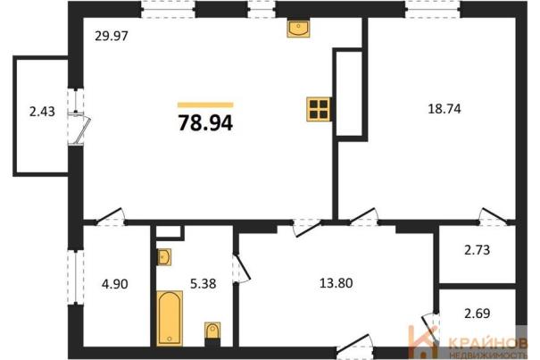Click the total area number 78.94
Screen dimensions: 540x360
pos(205,122)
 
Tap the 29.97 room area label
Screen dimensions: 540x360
pos(112,36)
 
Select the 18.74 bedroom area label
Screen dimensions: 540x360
pos(444,109)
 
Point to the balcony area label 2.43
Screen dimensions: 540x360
pos(42,112)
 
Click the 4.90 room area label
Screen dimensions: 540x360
pos(115,284)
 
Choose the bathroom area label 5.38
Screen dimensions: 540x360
pos(204,284)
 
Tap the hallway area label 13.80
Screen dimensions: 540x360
pos(336,283)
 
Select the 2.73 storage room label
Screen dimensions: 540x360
pos(478,249)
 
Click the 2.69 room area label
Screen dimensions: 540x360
pos(478,314)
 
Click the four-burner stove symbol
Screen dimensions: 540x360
pos(319,109)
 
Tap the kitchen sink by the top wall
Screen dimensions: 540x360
pos(298,29)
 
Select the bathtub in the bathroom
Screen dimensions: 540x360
pos(170,318)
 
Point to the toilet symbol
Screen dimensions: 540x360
pos(212,333)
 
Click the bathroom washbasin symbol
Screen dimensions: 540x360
pos(164,257)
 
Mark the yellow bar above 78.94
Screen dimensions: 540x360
pos(205,105)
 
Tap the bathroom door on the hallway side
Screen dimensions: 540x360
pos(242,268)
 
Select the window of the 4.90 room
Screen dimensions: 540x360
pos(75,277)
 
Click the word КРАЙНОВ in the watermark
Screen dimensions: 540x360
pos(488,343)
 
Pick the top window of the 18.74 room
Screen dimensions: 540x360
pos(433,9)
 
